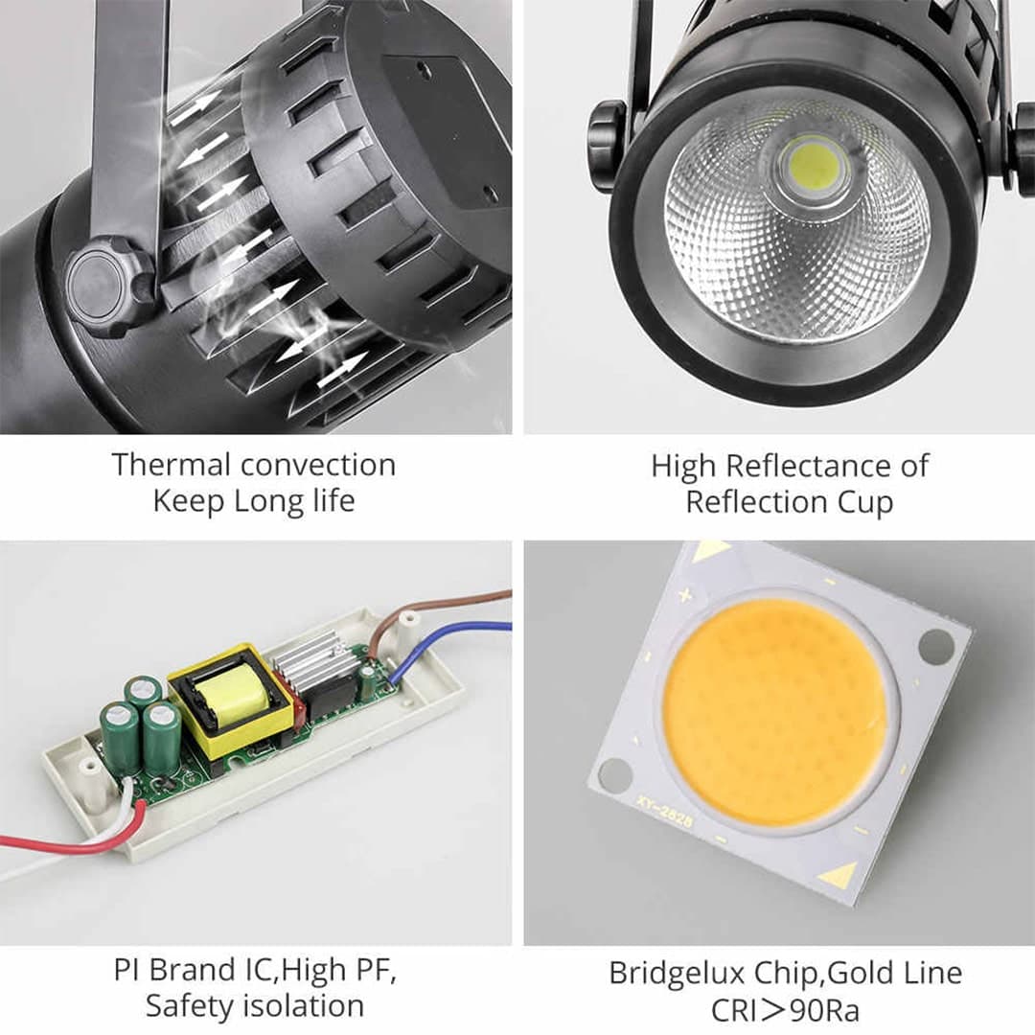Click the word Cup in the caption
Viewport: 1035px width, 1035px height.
pyautogui.click(x=865, y=503)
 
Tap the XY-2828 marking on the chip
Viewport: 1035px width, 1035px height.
pyautogui.click(x=664, y=811)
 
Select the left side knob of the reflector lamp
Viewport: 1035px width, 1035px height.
pyautogui.click(x=606, y=146)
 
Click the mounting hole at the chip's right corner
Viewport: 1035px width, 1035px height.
pyautogui.click(x=935, y=646)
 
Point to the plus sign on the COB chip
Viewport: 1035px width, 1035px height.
pyautogui.click(x=685, y=596)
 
